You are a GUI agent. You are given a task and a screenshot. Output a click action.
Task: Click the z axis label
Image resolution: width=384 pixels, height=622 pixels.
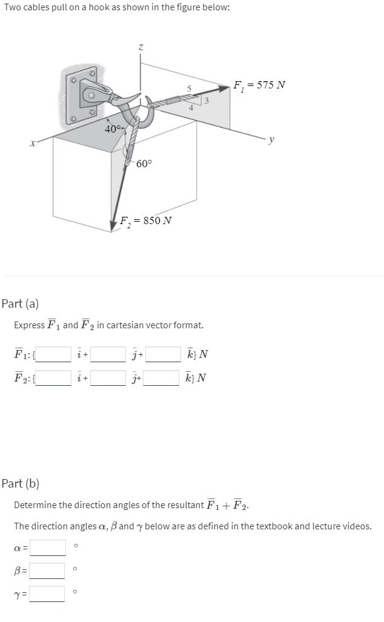[x=141, y=46]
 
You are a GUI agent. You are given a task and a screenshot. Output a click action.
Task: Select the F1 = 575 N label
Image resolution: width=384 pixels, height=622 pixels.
[x=259, y=84]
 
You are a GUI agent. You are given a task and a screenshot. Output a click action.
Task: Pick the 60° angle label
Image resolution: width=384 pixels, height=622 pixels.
[x=145, y=164]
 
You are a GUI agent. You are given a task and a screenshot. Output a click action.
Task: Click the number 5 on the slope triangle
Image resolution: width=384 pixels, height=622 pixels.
[x=189, y=89]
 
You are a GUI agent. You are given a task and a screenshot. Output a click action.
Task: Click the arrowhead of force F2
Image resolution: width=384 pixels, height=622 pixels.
[x=113, y=226]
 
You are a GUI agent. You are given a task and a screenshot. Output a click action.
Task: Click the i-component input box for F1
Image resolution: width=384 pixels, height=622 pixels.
[x=53, y=354]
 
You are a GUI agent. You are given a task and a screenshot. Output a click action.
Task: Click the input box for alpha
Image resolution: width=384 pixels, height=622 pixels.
[x=48, y=548]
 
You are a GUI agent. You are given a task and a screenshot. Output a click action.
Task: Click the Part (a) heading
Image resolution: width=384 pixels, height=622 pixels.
[x=20, y=303]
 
